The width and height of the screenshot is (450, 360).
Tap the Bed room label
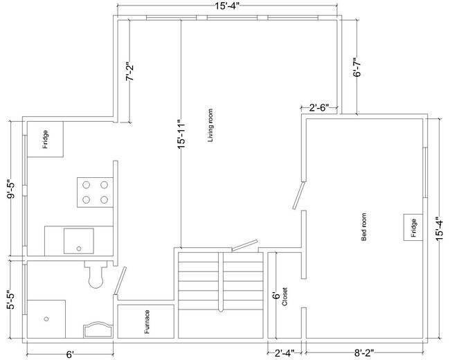pyautogui.click(x=364, y=226)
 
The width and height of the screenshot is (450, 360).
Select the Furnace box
pyautogui.click(x=146, y=322)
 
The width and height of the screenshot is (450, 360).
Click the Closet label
pyautogui.click(x=285, y=296)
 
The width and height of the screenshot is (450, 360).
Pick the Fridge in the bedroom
pyautogui.click(x=412, y=226)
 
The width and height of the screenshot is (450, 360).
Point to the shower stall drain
pyautogui.click(x=47, y=318)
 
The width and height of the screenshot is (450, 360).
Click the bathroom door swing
pyautogui.click(x=119, y=281)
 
